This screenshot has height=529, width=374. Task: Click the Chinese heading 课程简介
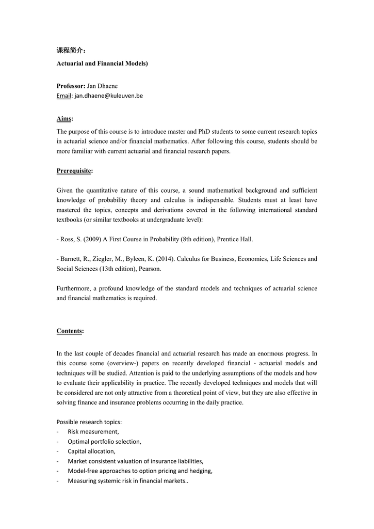coord(70,51)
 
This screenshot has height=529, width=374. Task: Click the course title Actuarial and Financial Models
coord(102,63)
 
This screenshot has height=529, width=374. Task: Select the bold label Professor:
coord(71,86)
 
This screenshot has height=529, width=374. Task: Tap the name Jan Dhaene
coord(102,86)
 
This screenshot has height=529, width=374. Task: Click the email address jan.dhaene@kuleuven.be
coord(109,96)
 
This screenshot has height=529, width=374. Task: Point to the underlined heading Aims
coord(64,119)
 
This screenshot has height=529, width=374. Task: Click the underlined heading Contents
coord(70,331)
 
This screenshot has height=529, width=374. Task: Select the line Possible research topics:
coord(89,422)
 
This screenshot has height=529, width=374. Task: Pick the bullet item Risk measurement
coord(93,431)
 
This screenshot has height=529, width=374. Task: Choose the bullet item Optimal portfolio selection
coord(104,441)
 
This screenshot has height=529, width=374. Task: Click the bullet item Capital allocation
coord(91,451)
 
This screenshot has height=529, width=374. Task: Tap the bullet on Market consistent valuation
coord(135,461)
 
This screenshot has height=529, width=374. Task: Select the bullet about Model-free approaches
coord(140,471)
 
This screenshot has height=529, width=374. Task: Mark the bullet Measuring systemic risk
coord(128,481)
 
